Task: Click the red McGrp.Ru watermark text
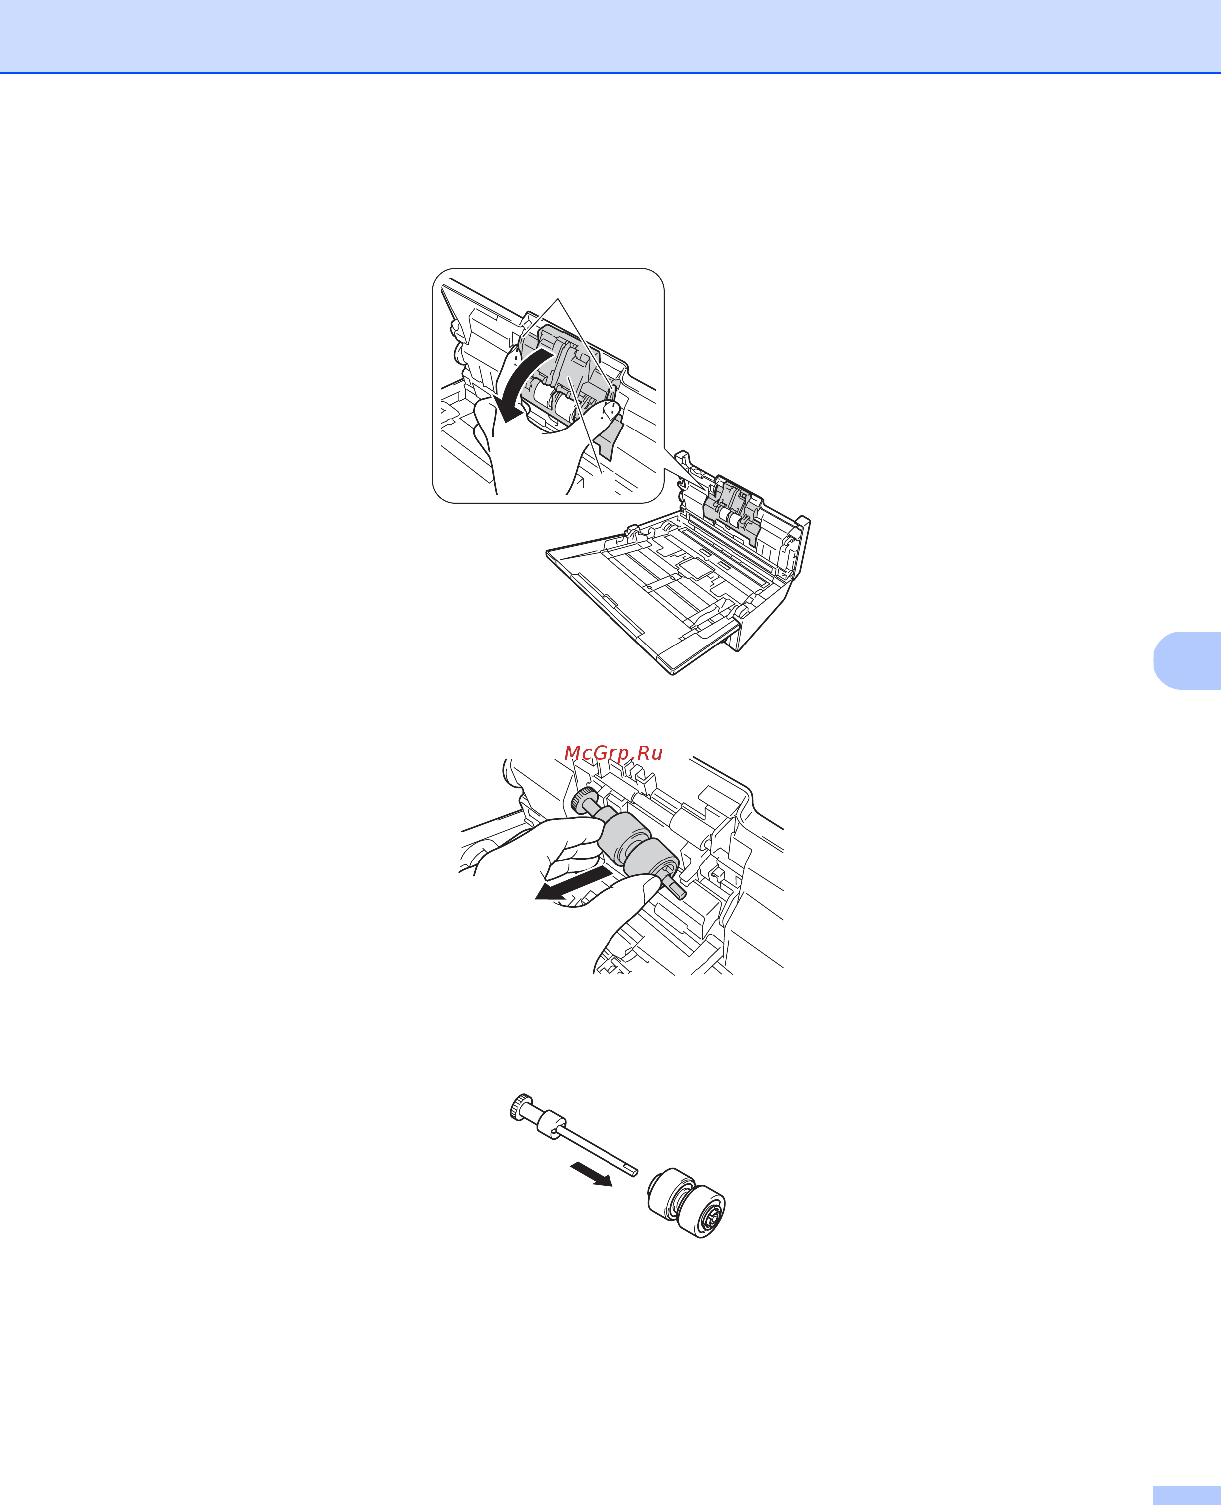point(613,753)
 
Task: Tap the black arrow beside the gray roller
point(571,885)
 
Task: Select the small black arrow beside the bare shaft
point(591,1174)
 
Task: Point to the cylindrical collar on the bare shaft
point(552,1122)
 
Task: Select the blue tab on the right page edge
point(1187,660)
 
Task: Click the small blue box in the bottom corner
point(1187,1495)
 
